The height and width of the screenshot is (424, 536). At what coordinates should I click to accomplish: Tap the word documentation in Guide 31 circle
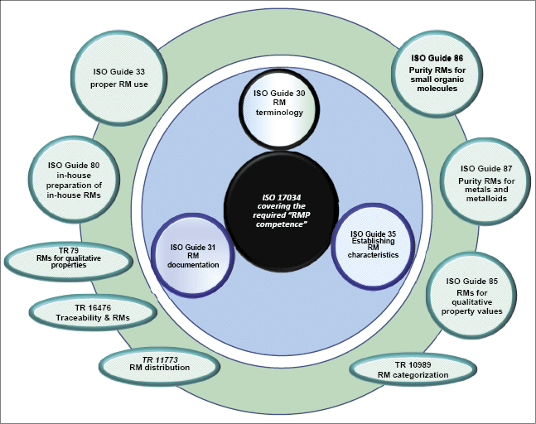[x=195, y=264]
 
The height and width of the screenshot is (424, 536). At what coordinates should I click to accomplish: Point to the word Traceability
[x=80, y=318]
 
